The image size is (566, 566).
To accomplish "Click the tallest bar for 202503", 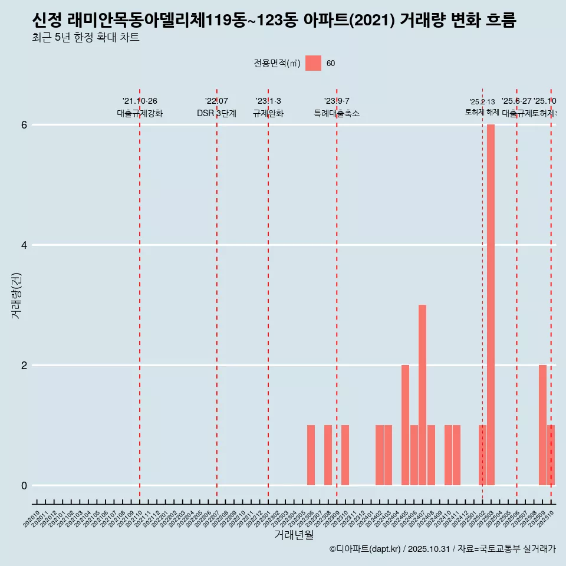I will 491,305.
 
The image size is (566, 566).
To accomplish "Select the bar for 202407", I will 422,395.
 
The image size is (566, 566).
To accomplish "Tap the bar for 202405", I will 405,425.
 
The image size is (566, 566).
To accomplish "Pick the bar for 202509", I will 542,425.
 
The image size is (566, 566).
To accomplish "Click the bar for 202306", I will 311,455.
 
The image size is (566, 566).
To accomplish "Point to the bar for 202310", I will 345,455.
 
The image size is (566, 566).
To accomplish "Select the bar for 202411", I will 456,455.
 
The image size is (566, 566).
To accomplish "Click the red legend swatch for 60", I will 313,63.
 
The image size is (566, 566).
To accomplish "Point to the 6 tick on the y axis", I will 24,125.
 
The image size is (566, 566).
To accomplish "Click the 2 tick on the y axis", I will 24,366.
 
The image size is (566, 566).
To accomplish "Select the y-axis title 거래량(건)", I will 16,295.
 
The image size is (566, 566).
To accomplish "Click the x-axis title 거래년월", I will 294,535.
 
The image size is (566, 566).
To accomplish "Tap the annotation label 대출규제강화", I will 140,113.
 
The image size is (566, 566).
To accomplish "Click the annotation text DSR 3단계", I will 216,113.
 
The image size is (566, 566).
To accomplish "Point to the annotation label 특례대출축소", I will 336,113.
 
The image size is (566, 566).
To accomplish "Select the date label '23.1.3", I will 268,101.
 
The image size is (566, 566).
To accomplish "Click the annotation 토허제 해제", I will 482,112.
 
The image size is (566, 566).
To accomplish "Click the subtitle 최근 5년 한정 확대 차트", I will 85,38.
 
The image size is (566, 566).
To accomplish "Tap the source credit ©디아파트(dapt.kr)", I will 365,549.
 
